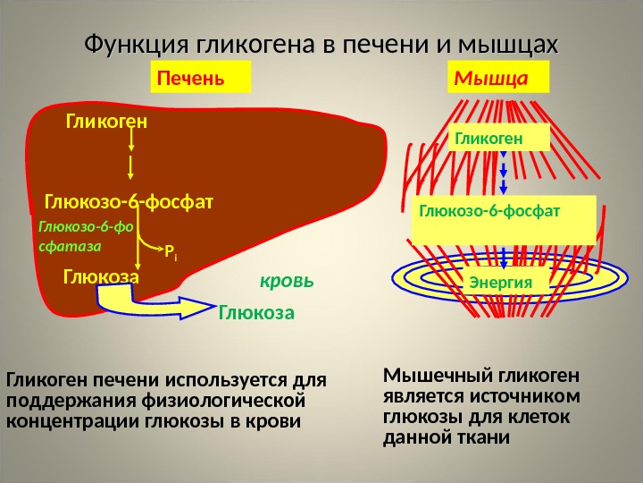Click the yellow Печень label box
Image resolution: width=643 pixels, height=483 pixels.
point(201,77)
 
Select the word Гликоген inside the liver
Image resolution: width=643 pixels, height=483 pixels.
point(106,120)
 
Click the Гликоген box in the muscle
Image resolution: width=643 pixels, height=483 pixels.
point(489,138)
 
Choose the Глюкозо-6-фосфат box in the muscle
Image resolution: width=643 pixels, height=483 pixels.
point(504,217)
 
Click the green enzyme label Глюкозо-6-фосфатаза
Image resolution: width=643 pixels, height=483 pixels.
point(85,234)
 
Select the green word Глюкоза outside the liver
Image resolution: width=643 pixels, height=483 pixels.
point(256,314)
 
